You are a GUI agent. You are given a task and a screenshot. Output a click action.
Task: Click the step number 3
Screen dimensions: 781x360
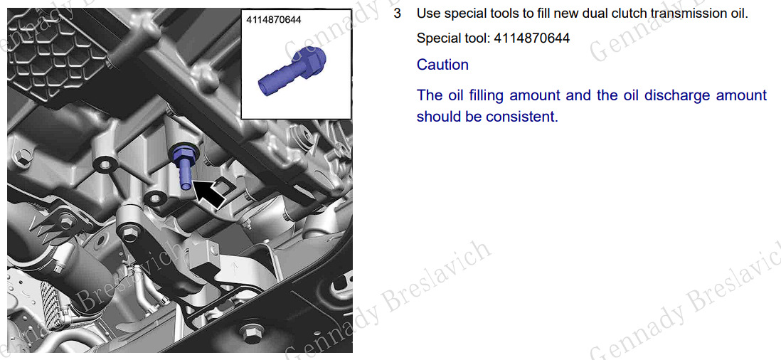click(397, 14)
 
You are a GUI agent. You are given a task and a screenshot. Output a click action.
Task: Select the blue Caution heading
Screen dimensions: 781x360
click(442, 65)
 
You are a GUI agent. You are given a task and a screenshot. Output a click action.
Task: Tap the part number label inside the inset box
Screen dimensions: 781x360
click(274, 20)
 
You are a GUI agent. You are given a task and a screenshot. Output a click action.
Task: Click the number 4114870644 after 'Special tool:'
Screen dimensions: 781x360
click(531, 38)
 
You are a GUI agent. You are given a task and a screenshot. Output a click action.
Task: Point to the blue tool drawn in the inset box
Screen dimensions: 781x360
click(293, 69)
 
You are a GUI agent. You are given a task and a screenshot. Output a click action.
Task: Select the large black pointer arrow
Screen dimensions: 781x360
click(208, 195)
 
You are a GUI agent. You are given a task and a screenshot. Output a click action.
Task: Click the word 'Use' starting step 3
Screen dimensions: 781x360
click(425, 14)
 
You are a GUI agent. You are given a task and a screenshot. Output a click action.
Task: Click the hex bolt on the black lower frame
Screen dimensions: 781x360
click(250, 332)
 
